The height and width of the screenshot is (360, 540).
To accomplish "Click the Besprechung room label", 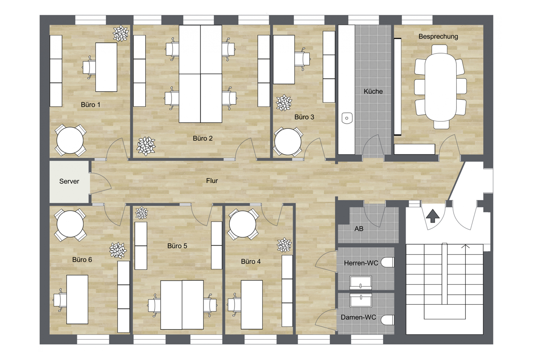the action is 438,36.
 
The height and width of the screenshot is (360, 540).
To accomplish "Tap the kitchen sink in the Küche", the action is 347,118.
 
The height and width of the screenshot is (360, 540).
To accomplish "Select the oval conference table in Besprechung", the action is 441,87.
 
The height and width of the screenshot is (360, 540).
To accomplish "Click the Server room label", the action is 69,182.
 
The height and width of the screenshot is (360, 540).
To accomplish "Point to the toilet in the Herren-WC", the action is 388,263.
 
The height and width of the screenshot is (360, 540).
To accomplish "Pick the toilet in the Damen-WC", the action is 388,320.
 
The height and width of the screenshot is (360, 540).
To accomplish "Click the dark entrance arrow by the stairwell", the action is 433,216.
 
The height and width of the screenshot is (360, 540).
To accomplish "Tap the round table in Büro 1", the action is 70,140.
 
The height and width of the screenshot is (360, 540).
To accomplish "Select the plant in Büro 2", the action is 146,146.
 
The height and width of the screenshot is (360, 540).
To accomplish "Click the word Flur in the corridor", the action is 212,181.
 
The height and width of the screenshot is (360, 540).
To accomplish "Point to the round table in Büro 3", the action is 288,142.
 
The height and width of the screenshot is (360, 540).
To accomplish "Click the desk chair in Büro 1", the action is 89,67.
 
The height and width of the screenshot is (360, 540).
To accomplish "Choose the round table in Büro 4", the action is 242,224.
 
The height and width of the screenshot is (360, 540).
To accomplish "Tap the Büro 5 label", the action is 177,246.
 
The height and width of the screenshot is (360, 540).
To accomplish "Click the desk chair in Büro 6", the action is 60,300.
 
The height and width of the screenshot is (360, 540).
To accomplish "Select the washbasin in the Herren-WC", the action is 361,283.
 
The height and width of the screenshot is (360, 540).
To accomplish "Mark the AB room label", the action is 359,229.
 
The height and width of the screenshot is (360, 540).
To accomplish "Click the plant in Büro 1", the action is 121,33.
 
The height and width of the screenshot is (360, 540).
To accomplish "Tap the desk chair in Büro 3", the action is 302,59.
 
